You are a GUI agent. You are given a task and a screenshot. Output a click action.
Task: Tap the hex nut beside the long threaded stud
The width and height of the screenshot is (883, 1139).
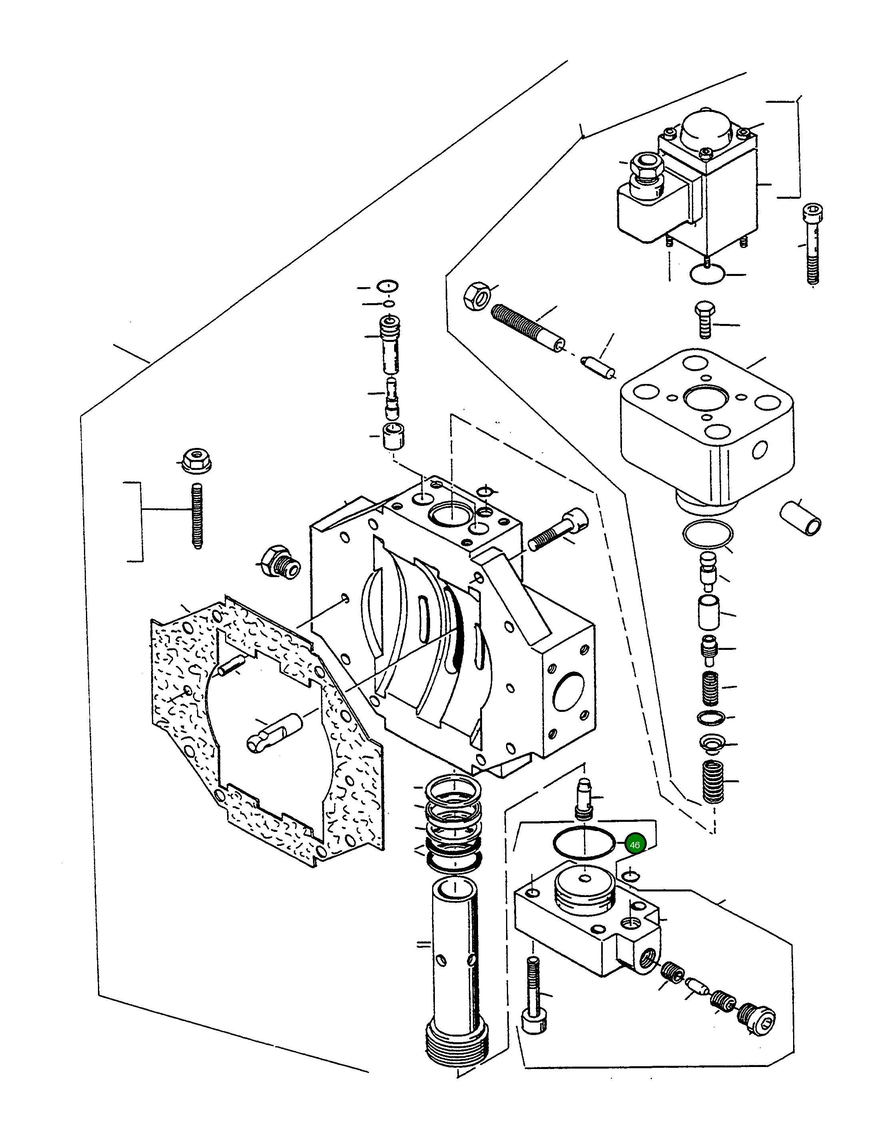pyautogui.click(x=476, y=296)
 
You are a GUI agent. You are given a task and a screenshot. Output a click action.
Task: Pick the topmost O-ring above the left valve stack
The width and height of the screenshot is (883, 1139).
pyautogui.click(x=387, y=286)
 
